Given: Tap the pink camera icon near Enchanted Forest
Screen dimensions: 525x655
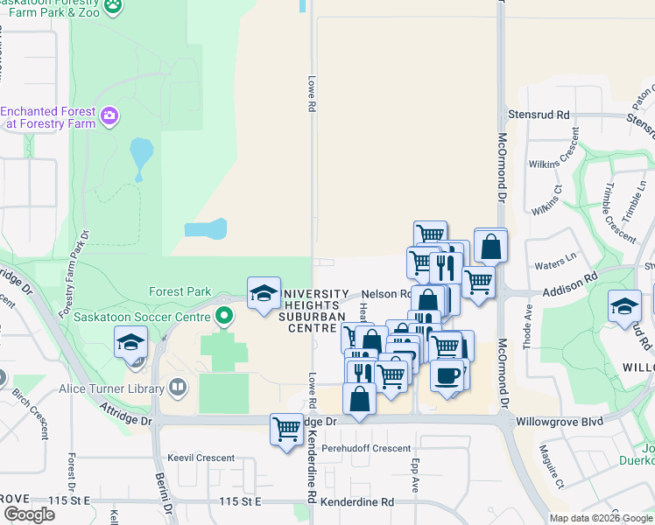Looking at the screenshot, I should [x=109, y=115].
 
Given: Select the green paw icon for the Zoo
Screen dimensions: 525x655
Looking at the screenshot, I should [x=113, y=6].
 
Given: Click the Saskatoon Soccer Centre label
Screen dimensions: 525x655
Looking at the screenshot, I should [x=144, y=316].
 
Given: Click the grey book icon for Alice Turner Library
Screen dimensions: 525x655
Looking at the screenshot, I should [x=177, y=387].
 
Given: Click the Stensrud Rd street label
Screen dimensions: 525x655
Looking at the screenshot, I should [x=539, y=115].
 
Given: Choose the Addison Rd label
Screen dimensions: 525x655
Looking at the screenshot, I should [x=568, y=276].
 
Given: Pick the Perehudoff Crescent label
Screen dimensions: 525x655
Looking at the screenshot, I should [x=365, y=449].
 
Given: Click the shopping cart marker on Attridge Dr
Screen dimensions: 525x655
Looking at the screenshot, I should [x=287, y=429].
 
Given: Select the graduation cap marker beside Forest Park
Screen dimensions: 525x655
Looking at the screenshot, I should [x=264, y=293].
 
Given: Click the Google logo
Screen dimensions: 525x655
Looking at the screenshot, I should [x=28, y=514].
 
